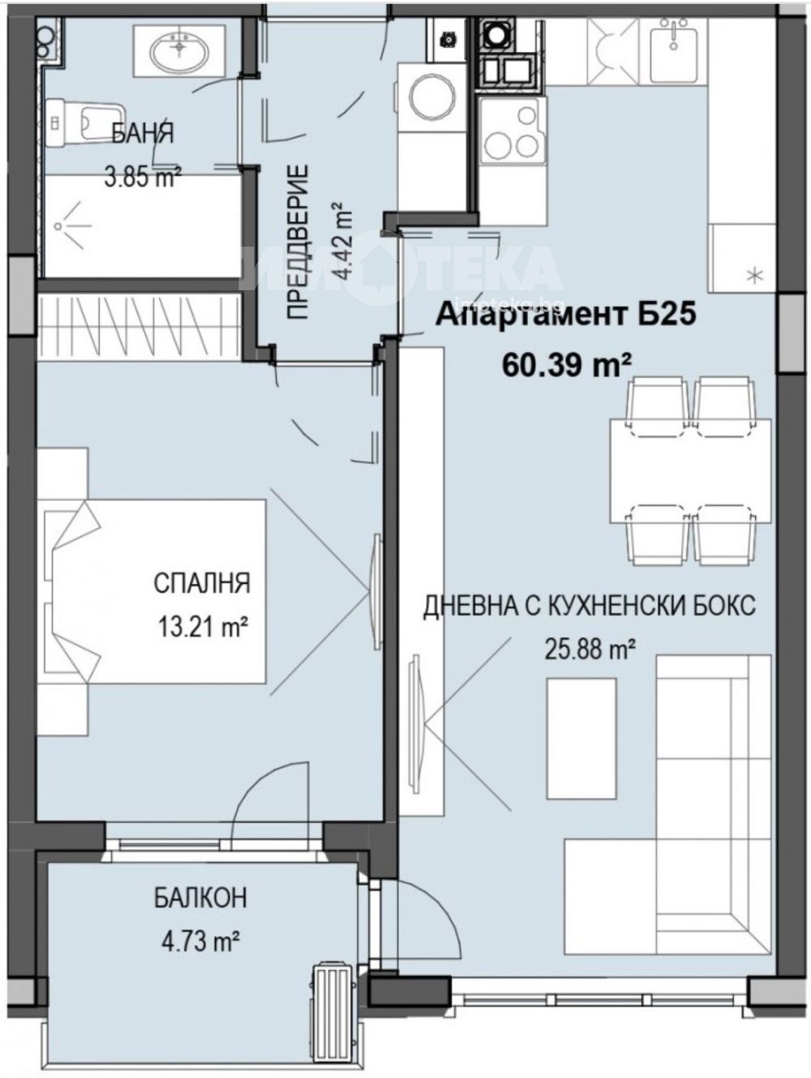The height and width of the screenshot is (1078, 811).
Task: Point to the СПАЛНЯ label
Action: (202, 583)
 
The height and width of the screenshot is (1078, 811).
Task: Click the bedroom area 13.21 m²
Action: (202, 626)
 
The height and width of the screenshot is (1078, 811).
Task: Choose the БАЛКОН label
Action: (201, 898)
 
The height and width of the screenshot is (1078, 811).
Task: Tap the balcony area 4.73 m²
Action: (201, 942)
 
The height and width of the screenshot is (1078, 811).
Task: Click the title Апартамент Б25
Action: (566, 314)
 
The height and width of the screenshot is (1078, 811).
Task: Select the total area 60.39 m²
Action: (566, 365)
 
